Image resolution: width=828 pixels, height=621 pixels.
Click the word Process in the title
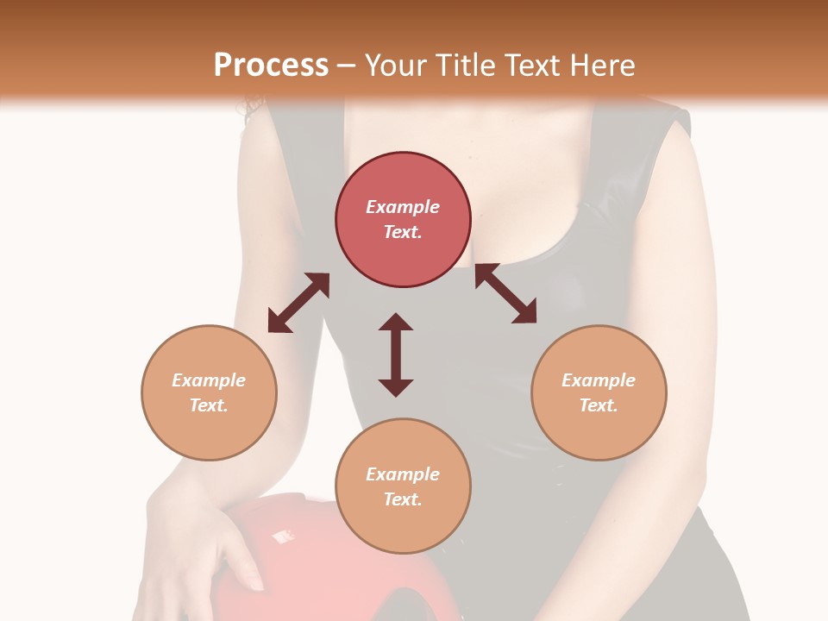271,66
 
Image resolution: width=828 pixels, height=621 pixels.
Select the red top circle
403,219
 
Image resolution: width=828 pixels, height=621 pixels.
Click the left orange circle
209,392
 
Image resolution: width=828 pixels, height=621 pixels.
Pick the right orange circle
599,392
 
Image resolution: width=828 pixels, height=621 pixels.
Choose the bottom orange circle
403,486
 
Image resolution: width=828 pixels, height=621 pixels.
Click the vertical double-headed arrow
396,354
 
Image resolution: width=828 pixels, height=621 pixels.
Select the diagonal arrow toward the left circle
298,303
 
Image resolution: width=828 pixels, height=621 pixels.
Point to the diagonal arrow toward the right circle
506,294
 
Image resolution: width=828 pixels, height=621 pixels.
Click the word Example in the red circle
403,207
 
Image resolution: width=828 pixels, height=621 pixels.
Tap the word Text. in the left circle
209,405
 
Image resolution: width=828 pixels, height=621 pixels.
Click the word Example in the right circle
599,380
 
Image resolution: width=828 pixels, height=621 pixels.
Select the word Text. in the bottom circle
403,499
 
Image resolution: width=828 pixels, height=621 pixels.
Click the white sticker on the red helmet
281,536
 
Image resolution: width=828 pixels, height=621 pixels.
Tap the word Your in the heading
394,66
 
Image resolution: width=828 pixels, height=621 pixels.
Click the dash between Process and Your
347,66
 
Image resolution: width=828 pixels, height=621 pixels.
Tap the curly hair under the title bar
254,110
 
